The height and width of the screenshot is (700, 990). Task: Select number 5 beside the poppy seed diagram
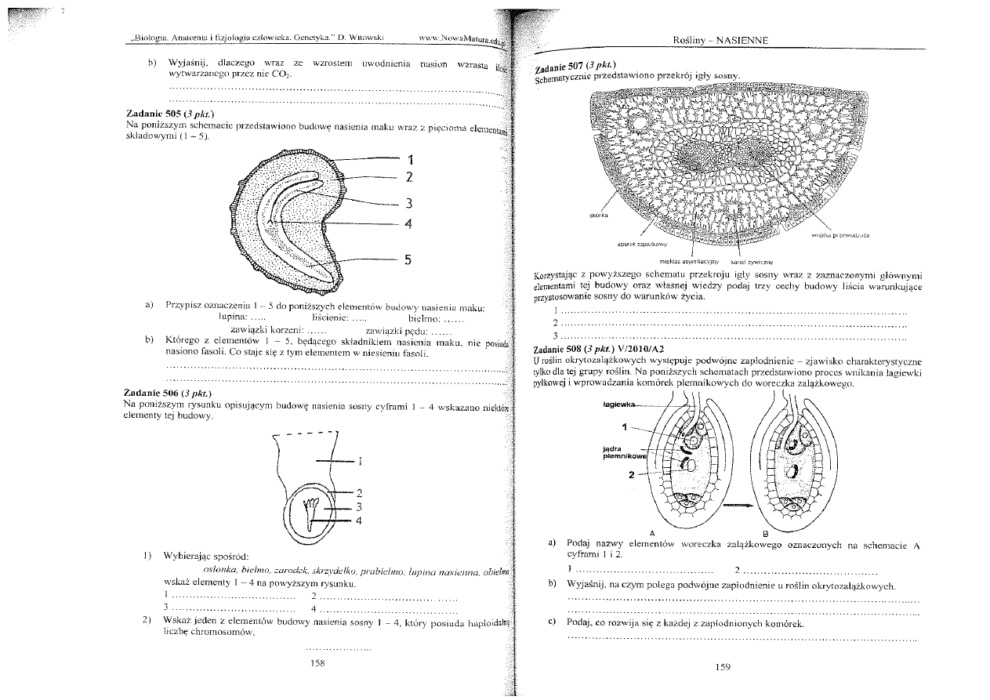408,261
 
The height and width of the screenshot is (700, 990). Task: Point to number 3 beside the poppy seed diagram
408,203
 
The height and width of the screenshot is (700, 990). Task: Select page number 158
317,663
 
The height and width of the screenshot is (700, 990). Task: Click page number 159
723,667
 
